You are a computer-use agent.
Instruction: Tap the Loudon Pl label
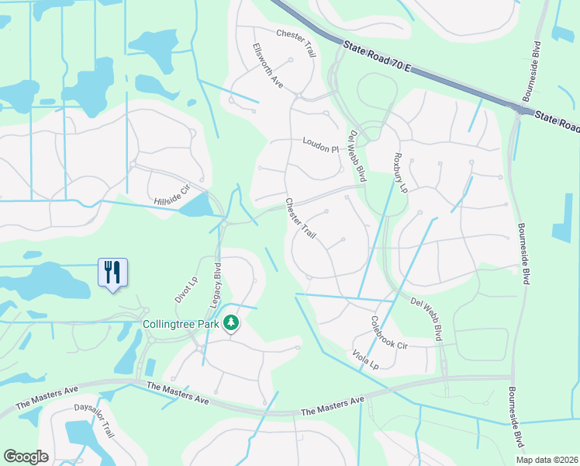(321, 145)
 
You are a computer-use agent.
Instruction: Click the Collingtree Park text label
(181, 324)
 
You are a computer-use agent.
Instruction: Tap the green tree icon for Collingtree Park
(230, 322)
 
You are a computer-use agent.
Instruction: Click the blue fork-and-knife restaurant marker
(113, 273)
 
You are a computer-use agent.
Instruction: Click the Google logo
(26, 457)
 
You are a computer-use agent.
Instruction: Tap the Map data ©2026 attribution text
(547, 460)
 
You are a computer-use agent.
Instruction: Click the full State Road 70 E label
(376, 60)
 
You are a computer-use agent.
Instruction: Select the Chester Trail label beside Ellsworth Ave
(297, 43)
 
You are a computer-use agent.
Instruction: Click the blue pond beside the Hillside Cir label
(199, 205)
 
